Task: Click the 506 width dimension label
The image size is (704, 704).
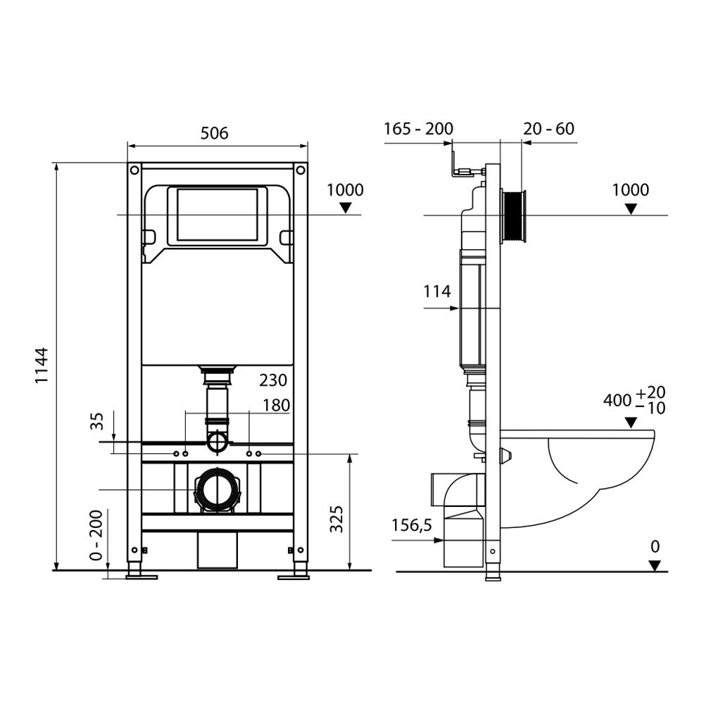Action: pyautogui.click(x=215, y=132)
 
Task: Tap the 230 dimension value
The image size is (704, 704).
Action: pyautogui.click(x=273, y=380)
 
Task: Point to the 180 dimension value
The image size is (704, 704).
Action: pyautogui.click(x=275, y=405)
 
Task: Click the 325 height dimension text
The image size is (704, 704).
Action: pyautogui.click(x=337, y=519)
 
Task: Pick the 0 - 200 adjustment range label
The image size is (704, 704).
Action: pyautogui.click(x=97, y=534)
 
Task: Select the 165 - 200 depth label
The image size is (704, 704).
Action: pyautogui.click(x=418, y=129)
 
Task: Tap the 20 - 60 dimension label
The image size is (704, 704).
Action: pyautogui.click(x=548, y=129)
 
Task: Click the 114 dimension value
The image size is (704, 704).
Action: pyautogui.click(x=436, y=291)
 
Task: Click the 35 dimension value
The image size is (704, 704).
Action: pyautogui.click(x=97, y=421)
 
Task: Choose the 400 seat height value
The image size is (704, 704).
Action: pyautogui.click(x=617, y=400)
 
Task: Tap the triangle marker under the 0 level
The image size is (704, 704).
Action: pyautogui.click(x=655, y=565)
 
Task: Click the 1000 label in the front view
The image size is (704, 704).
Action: pyautogui.click(x=345, y=190)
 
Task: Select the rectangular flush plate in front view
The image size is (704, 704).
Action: pyautogui.click(x=218, y=215)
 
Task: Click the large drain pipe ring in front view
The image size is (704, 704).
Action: pyautogui.click(x=217, y=489)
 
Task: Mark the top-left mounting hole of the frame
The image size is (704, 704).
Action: pyautogui.click(x=133, y=170)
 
